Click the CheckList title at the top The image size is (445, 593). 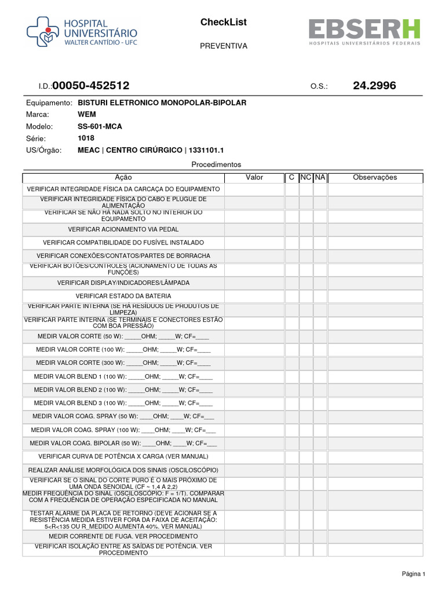point(223,23)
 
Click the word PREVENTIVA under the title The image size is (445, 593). point(223,46)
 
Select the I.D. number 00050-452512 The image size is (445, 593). point(91,86)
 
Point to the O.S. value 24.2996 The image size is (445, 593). point(374,86)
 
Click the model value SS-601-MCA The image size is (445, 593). point(100,126)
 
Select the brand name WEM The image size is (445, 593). point(86,115)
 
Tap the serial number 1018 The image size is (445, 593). point(86,138)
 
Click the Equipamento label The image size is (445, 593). point(48,103)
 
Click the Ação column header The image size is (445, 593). point(123,177)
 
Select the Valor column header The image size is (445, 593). point(254,177)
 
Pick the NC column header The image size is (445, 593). point(306,177)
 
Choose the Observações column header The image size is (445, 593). point(375,177)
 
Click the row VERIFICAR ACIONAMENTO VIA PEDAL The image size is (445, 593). point(123,229)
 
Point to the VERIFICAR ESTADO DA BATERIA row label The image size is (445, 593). point(123,296)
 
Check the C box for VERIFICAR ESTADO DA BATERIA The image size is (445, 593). point(291,296)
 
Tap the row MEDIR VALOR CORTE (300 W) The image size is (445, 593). point(123,363)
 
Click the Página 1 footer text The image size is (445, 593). point(414,574)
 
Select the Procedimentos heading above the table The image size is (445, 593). point(216,164)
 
